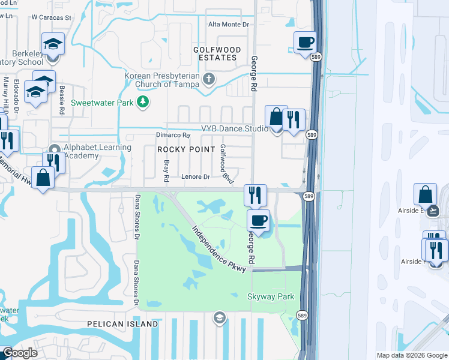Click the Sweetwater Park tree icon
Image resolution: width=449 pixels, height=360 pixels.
[143, 103]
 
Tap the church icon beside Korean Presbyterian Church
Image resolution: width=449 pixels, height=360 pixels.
[209, 79]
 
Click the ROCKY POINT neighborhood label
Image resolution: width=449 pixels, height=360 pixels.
[186, 149]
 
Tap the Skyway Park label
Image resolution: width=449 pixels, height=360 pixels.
[271, 296]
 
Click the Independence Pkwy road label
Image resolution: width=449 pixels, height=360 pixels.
[218, 250]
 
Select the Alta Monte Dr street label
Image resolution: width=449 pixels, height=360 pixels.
[228, 24]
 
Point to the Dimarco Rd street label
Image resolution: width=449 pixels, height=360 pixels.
[173, 136]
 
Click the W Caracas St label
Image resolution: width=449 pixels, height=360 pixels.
[51, 18]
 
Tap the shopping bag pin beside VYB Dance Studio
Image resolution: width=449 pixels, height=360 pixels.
[276, 118]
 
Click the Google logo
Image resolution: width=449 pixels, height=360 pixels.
[19, 353]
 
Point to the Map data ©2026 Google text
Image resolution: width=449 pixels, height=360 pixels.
[412, 355]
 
